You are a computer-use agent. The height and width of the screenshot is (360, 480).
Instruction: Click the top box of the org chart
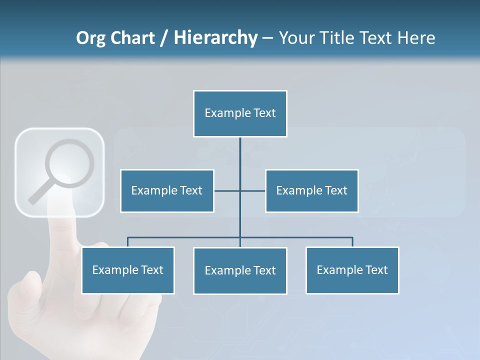point(240,113)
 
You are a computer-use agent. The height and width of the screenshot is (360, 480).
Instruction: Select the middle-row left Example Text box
point(167,190)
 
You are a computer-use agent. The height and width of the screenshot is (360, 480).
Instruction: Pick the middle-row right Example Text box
point(311,190)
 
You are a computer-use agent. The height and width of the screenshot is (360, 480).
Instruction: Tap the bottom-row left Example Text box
point(128,270)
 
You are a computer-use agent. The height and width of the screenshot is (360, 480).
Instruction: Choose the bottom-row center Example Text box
point(240,270)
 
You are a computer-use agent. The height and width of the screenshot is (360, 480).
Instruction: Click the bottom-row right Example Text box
point(352,270)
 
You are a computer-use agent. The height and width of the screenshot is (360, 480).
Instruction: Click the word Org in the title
point(90,38)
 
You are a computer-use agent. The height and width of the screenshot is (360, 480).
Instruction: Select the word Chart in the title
point(132,38)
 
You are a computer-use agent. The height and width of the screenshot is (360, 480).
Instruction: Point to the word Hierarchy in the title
point(215,38)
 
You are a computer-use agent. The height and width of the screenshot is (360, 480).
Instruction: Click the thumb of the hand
point(30,285)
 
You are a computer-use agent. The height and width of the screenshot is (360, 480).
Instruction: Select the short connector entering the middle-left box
point(226,190)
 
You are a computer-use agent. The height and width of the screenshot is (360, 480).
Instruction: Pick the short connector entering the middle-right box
point(253,190)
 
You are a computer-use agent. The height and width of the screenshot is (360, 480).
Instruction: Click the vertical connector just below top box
point(240,150)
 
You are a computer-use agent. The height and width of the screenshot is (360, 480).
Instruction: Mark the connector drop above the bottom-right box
point(352,242)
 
